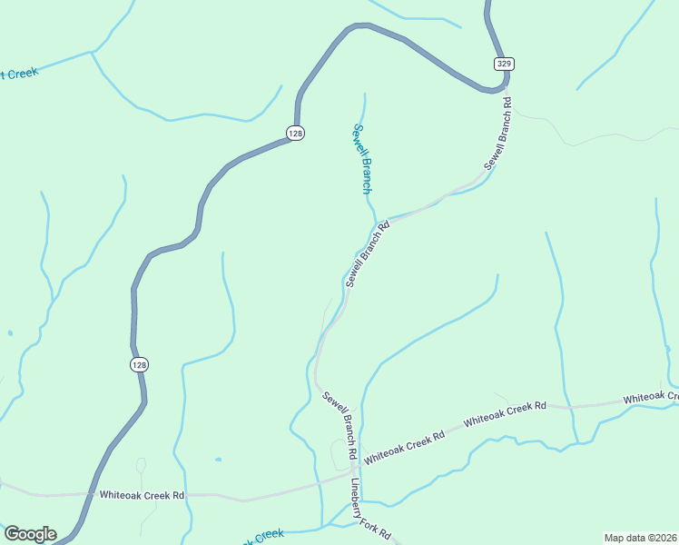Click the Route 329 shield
(x=505, y=63)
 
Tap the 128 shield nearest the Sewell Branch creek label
(x=295, y=133)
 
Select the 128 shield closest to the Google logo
(x=138, y=364)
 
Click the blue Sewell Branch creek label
(x=362, y=158)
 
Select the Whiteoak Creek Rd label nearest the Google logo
(x=142, y=496)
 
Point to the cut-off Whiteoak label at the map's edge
(x=650, y=398)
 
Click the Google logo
(x=30, y=534)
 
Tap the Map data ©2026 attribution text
(x=640, y=537)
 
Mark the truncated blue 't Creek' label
(x=19, y=73)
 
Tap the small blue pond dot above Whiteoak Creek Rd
(x=218, y=460)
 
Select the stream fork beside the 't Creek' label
(x=92, y=53)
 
